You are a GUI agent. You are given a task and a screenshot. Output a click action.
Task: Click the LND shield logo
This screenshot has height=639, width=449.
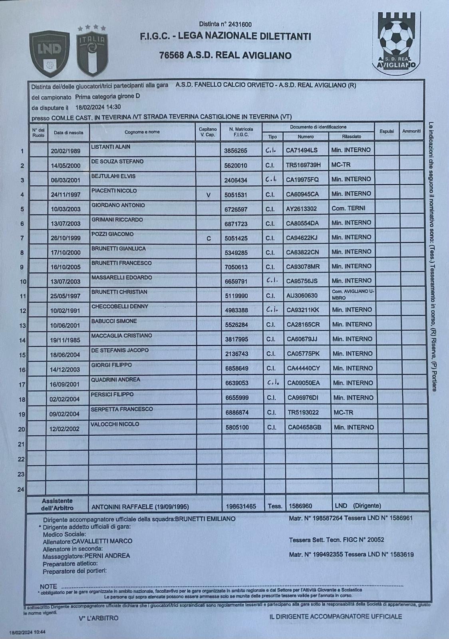pyautogui.click(x=49, y=54)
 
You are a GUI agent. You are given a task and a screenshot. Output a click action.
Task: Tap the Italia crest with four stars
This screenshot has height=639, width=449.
pyautogui.click(x=92, y=51)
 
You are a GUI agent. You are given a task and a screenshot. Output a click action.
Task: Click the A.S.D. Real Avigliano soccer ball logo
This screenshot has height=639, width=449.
pyautogui.click(x=396, y=42)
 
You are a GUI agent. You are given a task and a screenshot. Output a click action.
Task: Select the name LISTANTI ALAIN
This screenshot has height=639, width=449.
pyautogui.click(x=111, y=147)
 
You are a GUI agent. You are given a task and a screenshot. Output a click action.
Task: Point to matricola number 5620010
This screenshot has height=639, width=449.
pyautogui.click(x=236, y=165)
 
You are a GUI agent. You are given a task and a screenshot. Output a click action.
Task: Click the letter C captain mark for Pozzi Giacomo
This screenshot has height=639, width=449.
pyautogui.click(x=209, y=238)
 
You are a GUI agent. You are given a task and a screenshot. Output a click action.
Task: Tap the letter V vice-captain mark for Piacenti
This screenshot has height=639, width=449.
pyautogui.click(x=208, y=195)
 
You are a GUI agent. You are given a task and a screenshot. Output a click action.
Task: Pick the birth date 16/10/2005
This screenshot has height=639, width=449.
pyautogui.click(x=66, y=267)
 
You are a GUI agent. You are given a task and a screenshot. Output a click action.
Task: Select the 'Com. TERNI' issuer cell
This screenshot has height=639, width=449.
pyautogui.click(x=348, y=208)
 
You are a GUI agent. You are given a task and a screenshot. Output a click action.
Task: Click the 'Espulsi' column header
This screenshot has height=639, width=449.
pyautogui.click(x=386, y=131)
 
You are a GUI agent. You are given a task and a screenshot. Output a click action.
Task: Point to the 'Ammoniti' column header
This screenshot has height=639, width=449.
pyautogui.click(x=411, y=131)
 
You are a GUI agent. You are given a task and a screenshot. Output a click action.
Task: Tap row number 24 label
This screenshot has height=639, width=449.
pyautogui.click(x=21, y=489)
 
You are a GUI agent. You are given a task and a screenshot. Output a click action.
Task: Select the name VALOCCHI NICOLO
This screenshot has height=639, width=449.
pyautogui.click(x=115, y=424)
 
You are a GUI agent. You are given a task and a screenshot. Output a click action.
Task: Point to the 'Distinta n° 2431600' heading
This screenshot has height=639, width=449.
pyautogui.click(x=225, y=24)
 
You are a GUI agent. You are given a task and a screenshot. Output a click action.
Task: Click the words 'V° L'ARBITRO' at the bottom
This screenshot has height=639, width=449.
pyautogui.click(x=99, y=618)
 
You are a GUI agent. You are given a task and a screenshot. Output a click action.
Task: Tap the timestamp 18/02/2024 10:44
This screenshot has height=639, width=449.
pyautogui.click(x=27, y=632)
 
